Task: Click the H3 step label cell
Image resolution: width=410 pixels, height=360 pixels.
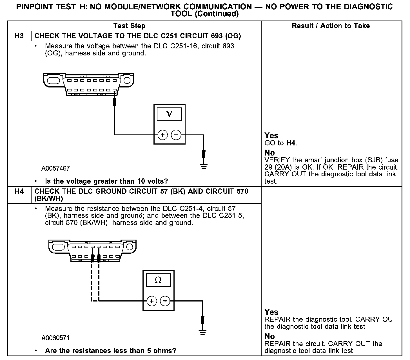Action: point(19,36)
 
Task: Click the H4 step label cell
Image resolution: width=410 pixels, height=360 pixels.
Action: point(19,192)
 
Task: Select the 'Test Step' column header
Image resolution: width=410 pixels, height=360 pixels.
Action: point(129,26)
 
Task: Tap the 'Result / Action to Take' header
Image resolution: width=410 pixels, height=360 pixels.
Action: point(331,26)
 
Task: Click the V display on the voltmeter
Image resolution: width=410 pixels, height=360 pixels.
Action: point(169,114)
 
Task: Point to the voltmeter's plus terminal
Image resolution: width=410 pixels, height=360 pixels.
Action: point(162,135)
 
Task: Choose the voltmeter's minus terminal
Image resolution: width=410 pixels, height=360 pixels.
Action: point(176,135)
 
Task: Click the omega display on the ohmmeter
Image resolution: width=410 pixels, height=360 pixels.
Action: point(158,280)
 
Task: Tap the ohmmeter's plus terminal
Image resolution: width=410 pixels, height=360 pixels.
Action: point(151,301)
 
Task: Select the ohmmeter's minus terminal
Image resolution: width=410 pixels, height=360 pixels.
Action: point(165,301)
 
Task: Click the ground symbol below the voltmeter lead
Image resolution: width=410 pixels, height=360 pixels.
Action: point(203,166)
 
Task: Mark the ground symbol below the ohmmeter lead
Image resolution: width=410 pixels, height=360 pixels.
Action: point(202,332)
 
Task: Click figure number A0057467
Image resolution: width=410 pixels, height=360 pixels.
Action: point(55,168)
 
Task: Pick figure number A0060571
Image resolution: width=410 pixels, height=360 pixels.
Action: point(55,338)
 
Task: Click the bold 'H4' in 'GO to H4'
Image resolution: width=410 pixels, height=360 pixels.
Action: point(291,143)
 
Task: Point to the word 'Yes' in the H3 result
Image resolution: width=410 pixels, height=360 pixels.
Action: point(271,136)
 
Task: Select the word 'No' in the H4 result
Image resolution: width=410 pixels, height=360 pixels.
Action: point(269,336)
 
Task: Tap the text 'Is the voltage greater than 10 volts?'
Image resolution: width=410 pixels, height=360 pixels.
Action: point(106,181)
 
